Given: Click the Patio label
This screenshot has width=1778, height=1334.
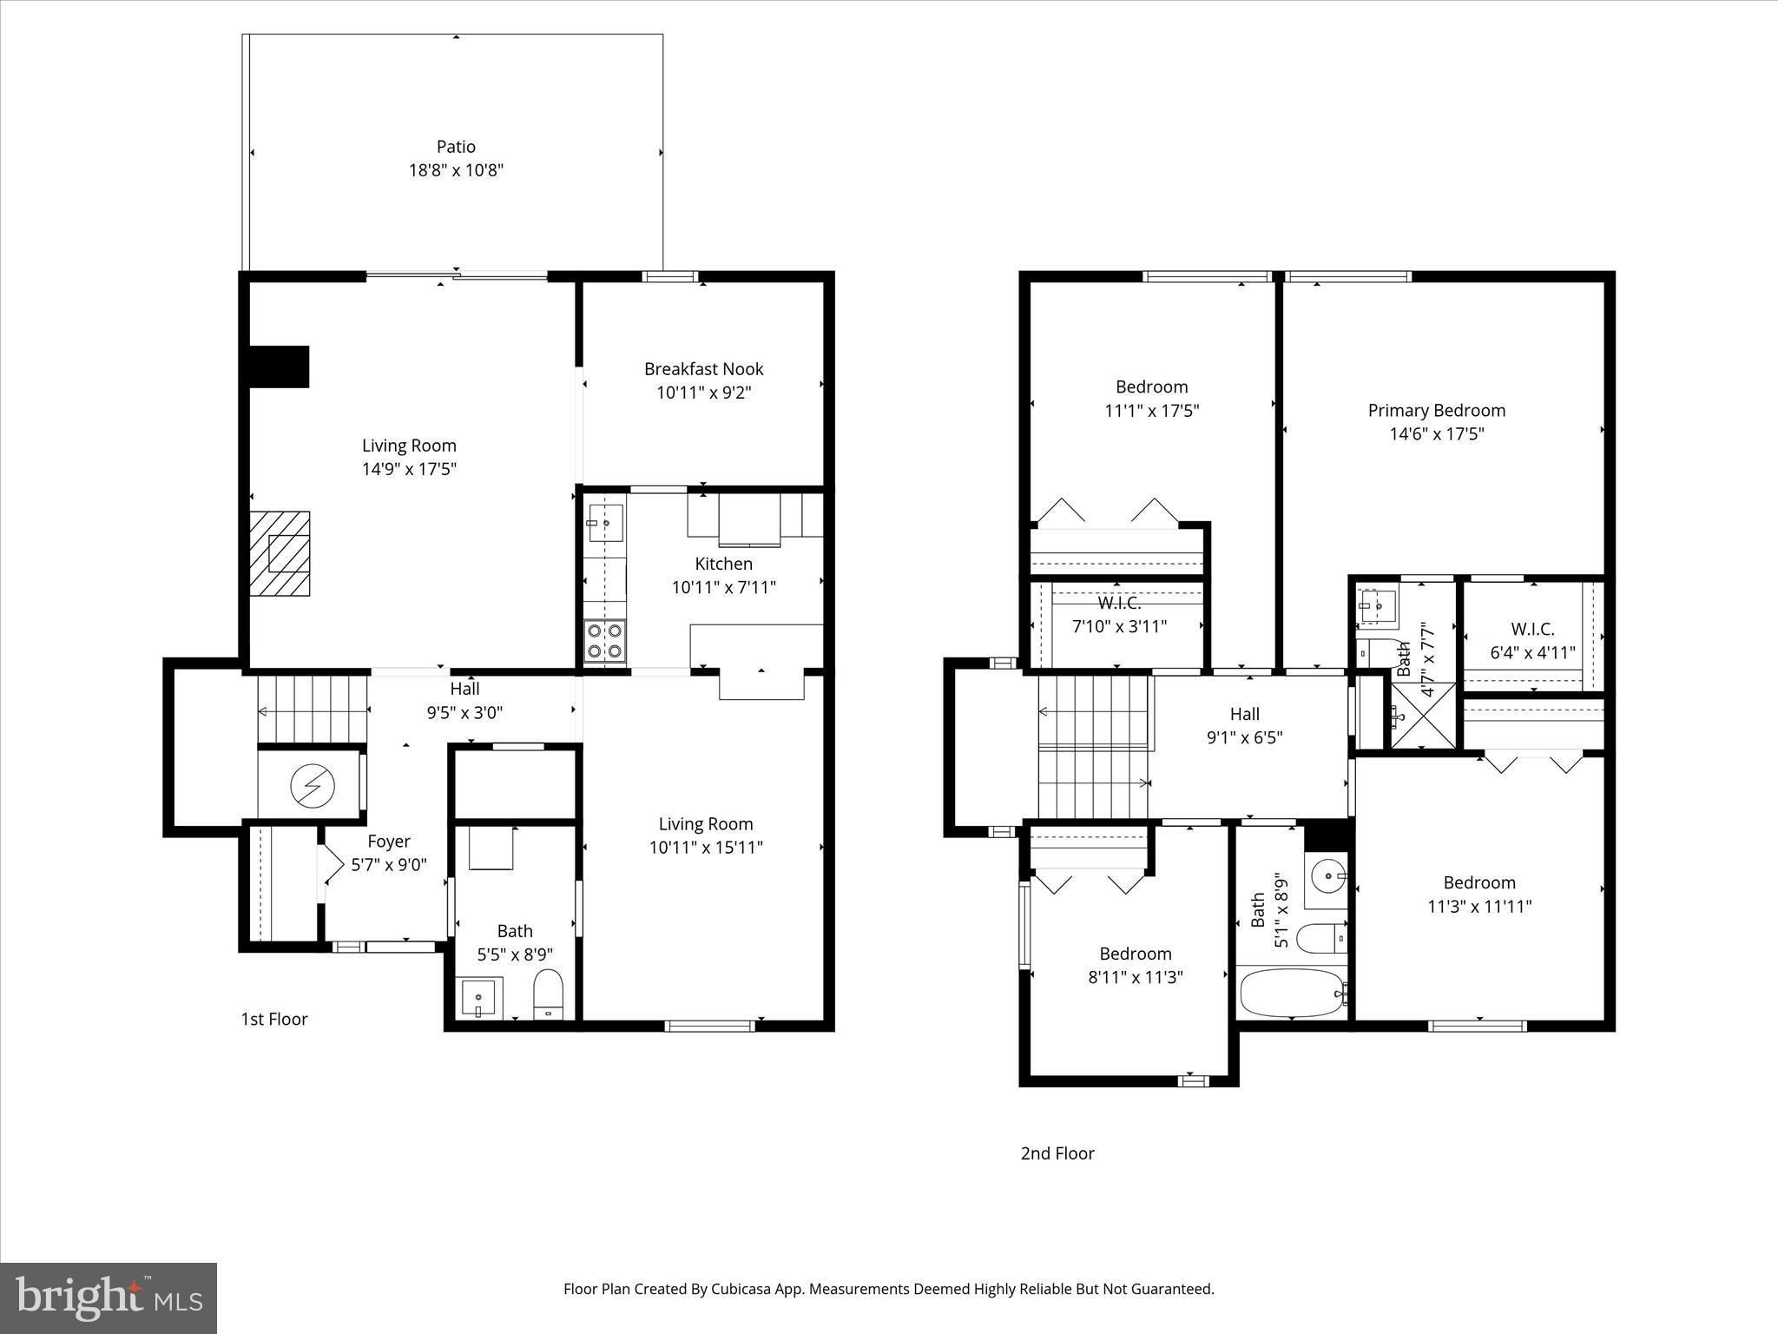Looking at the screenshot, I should [x=456, y=147].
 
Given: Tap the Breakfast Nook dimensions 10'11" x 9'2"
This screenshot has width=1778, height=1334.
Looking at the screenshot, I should [x=703, y=393].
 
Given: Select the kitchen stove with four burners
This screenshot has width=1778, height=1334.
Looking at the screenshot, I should [x=605, y=641].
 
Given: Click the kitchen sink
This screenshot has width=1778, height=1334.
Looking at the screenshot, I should [x=604, y=523].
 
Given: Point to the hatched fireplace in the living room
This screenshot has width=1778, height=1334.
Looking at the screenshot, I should [x=280, y=553].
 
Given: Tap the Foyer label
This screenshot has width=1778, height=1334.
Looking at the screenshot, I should [x=388, y=842].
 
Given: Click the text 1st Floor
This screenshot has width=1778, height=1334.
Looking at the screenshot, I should [x=274, y=1019].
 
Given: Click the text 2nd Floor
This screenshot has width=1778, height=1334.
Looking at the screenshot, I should [x=1057, y=1153].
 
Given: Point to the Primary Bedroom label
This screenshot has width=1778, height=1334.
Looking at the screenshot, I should [x=1436, y=411].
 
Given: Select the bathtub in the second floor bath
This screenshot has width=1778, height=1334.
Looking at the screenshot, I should [x=1292, y=992].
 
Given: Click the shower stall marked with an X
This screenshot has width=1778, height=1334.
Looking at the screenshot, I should [x=1424, y=716].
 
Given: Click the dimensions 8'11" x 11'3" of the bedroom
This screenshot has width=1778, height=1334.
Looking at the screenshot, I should [x=1135, y=977].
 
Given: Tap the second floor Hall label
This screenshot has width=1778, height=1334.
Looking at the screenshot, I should [x=1244, y=714].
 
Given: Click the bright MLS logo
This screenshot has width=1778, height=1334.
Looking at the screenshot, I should [x=109, y=1298].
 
